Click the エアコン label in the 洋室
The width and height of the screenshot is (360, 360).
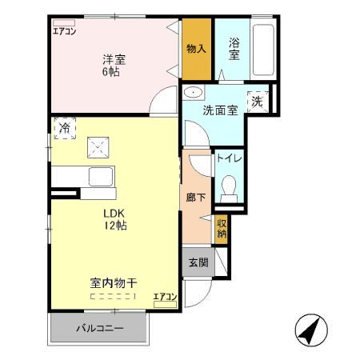coord(64,32)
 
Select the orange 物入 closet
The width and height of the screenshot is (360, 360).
coord(197,49)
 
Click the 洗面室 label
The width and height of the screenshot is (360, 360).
coord(218,110)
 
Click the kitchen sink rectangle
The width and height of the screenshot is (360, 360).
coord(102,178)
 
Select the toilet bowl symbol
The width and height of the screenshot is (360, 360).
coord(230,189)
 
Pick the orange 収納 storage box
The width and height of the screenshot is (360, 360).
coord(221,230)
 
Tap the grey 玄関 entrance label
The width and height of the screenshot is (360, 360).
coord(197,263)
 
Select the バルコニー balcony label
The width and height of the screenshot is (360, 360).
coord(99,327)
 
